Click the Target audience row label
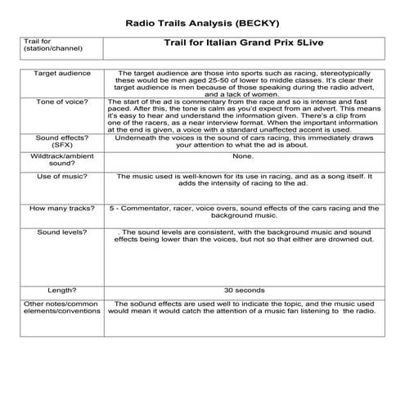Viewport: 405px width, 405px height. (x=56, y=73)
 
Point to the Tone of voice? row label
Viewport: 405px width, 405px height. (x=56, y=101)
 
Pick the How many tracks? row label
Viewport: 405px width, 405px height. (x=56, y=209)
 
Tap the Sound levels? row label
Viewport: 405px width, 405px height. (x=56, y=232)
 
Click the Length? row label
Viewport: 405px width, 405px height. (x=56, y=290)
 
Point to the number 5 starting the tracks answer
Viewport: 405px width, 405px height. (x=111, y=209)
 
